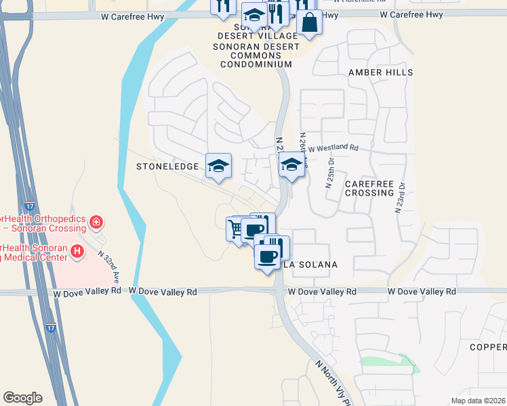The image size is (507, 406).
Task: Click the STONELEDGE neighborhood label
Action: coord(167,166)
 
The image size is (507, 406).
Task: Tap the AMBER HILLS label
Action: coord(380,72)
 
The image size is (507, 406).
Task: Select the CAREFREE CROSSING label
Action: coord(369,188)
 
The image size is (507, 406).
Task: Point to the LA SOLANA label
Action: coord(310,265)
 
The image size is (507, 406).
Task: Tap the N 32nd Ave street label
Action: coord(108,267)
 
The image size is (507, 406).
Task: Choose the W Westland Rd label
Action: coord(333,148)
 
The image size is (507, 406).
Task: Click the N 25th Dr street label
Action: coord(330,174)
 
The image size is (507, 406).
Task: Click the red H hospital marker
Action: coord(77,252)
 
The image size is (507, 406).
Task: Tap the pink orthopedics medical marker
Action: coord(96,221)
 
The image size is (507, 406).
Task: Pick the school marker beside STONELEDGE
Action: coord(218,166)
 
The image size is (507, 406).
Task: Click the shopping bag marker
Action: coord(309,22)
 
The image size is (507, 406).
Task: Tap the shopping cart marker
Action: coord(236,229)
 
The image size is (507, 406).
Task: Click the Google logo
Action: coord(22,398)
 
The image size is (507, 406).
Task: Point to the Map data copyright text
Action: coord(479,401)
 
